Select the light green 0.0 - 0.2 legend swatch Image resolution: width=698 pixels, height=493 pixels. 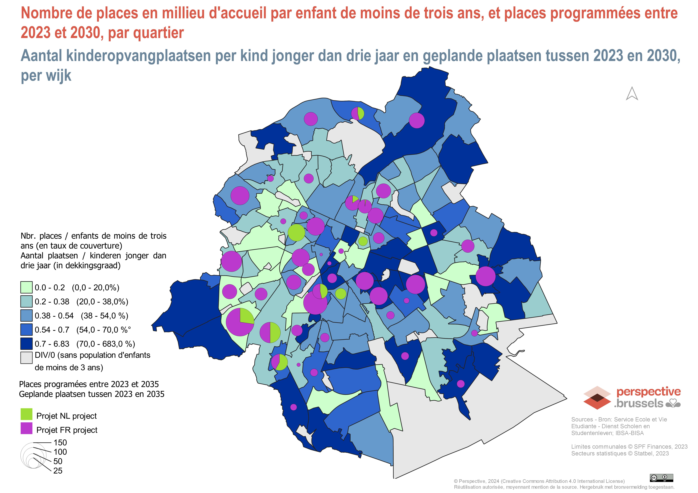pos(27,287)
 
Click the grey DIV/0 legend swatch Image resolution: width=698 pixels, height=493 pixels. pos(27,357)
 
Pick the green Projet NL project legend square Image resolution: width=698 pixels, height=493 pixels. pos(27,414)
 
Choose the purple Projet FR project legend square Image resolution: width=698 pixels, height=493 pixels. pos(27,428)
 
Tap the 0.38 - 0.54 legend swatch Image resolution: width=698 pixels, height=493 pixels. pos(27,316)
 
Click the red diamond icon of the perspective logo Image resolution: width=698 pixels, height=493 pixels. pos(597,398)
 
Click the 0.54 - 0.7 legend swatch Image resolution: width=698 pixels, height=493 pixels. pos(27,330)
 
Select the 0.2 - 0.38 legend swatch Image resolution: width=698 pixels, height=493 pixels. pos(27,301)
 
